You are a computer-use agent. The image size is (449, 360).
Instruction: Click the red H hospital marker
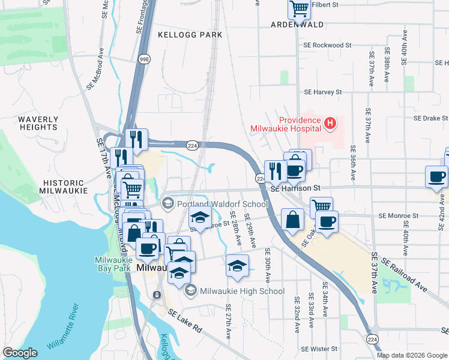(329, 124)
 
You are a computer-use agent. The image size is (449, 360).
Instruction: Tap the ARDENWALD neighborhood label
(297, 25)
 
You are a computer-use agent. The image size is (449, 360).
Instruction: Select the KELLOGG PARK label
(190, 35)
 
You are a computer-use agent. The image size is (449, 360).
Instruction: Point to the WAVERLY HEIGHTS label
(38, 123)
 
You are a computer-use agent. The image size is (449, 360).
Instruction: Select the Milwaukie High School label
(242, 291)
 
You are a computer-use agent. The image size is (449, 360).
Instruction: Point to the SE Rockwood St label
(327, 45)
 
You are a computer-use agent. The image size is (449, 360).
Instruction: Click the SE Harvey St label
(322, 92)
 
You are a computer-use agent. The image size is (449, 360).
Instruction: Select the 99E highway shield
(145, 59)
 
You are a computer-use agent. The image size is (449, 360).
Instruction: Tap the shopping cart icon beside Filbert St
(298, 8)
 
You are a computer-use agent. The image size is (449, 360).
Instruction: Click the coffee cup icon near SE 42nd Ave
(436, 176)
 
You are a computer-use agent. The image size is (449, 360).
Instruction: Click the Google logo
(20, 353)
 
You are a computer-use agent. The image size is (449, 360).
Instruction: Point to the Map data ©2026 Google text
(411, 355)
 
